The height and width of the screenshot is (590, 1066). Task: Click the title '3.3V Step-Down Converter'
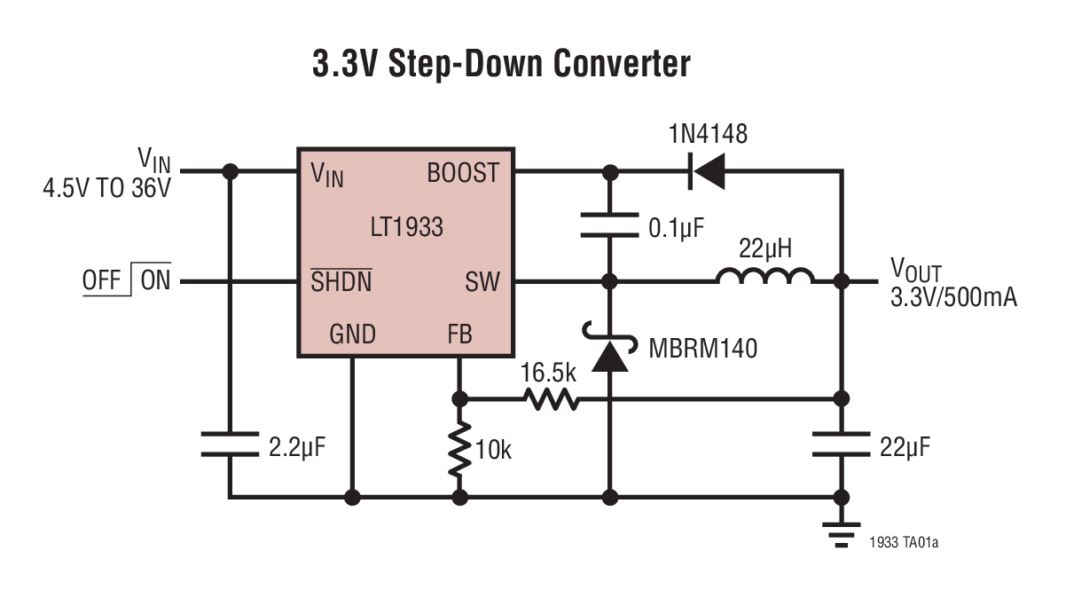pos(501,65)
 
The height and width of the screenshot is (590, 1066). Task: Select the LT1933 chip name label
pos(406,227)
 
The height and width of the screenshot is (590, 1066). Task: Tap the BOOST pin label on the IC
pos(463,173)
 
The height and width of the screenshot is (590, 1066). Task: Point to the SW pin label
pos(482,283)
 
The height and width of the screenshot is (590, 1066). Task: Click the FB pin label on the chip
pos(459,334)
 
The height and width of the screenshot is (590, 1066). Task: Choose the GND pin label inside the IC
pos(352,334)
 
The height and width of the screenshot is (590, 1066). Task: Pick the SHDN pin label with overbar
pos(341,283)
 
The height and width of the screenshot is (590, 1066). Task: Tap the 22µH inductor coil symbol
pos(764,279)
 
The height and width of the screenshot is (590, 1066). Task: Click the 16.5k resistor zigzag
pos(552,399)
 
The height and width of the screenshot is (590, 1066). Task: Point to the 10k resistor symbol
pos(459,450)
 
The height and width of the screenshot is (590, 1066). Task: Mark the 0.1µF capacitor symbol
pos(609,225)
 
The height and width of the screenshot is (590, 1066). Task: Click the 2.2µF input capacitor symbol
pos(230,444)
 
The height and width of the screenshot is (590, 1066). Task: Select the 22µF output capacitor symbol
pos(841,444)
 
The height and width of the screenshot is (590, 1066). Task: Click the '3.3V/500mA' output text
pos(953,297)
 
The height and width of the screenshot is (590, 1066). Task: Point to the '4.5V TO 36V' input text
pos(106,188)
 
